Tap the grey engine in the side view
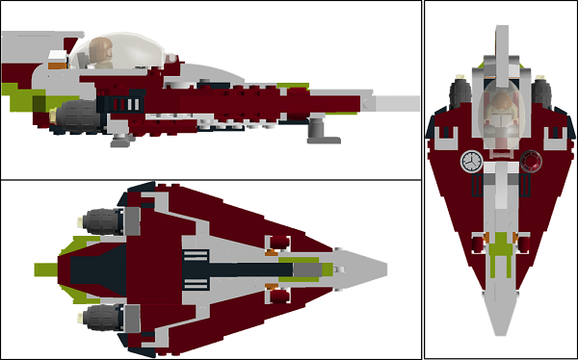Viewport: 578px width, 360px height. coord(75,116)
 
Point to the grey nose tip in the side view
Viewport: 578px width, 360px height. coord(400,102)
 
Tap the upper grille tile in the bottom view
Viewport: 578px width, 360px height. coord(196,256)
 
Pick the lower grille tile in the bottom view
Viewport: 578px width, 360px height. coord(196,280)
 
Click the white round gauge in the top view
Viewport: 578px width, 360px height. coord(472,161)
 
